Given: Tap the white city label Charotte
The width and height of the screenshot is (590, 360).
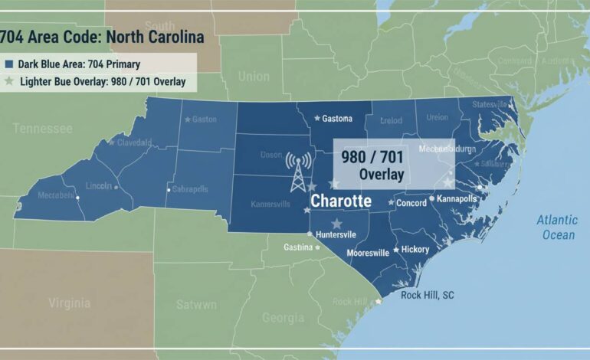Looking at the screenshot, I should pyautogui.click(x=341, y=201).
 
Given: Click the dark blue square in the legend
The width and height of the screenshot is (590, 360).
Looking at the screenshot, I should pyautogui.click(x=8, y=64).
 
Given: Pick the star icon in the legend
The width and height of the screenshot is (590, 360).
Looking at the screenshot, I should pyautogui.click(x=8, y=81).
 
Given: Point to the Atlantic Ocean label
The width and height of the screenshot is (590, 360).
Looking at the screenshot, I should pyautogui.click(x=557, y=227).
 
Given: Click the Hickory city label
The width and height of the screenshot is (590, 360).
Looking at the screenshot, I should pyautogui.click(x=415, y=250).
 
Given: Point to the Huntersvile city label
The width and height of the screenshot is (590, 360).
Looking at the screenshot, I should pyautogui.click(x=341, y=235).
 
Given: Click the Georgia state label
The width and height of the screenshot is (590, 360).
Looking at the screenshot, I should pyautogui.click(x=283, y=317).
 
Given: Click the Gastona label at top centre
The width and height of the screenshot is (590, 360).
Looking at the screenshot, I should pyautogui.click(x=337, y=118).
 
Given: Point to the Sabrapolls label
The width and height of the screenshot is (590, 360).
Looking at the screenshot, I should pyautogui.click(x=191, y=188).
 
